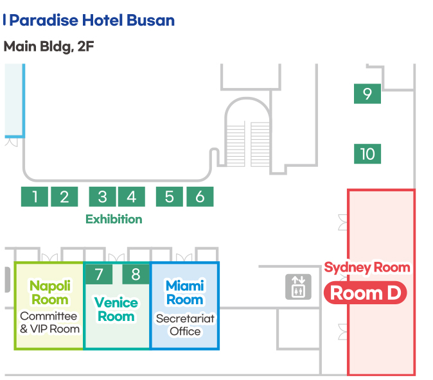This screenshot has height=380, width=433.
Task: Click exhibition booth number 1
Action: [35, 196]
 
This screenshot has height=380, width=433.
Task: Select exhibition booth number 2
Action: [64, 196]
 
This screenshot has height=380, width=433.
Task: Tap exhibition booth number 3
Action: [102, 196]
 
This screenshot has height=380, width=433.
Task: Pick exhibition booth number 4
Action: [131, 196]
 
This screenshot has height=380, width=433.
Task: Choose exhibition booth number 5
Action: [170, 196]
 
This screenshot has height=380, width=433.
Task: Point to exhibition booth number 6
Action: [200, 196]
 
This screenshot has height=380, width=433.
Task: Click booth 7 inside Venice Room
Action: [99, 275]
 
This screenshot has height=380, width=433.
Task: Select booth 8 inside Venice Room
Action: [136, 275]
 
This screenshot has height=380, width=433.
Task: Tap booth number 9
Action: [367, 94]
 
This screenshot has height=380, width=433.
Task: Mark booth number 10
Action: [367, 154]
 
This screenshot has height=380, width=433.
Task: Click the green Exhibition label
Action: [114, 219]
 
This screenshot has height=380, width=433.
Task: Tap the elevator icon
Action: [297, 286]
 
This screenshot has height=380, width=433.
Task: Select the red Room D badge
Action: [366, 293]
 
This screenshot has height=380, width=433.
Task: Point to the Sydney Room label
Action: [367, 267]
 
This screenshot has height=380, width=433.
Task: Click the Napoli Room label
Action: [49, 292]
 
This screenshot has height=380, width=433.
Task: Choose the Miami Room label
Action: [184, 292]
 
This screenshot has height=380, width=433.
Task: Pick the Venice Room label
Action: [116, 309]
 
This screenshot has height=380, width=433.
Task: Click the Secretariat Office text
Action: [185, 325]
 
